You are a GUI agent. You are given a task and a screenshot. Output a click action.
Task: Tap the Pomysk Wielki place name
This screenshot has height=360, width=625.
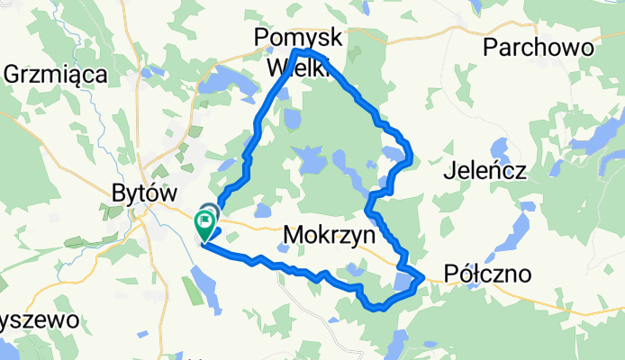pos(297,51)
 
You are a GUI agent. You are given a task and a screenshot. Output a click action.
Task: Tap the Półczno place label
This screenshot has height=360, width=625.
pos(487,274)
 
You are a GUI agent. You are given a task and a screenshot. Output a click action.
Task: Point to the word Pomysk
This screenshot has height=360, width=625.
pos(298,37)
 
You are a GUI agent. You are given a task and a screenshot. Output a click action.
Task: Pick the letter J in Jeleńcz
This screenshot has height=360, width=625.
pos(448,171)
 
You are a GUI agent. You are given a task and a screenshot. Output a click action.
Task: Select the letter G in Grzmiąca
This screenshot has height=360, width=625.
pos(13,74)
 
